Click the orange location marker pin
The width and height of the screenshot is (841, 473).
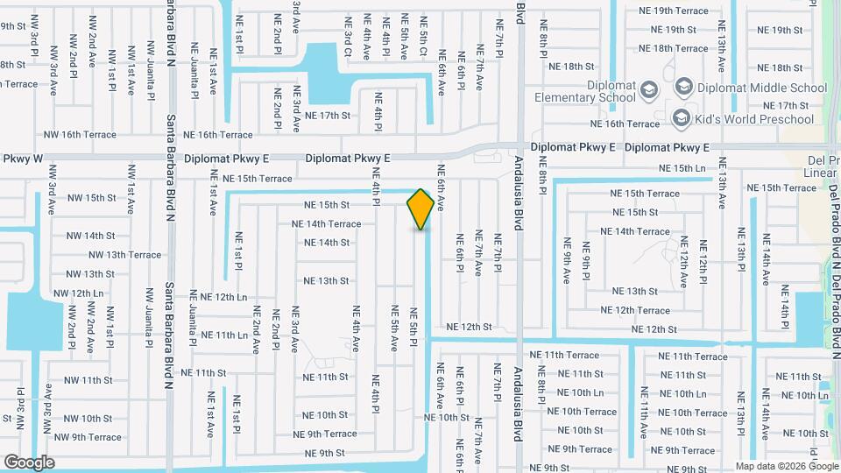tap(420, 209)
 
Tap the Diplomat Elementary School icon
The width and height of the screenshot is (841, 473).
tap(648, 88)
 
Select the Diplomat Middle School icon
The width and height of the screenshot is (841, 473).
tap(682, 88)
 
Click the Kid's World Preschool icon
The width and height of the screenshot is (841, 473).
tap(681, 118)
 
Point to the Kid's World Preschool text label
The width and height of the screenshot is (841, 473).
tap(753, 119)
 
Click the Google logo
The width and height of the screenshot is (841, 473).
tap(29, 462)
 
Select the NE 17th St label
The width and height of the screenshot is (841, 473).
tap(328, 116)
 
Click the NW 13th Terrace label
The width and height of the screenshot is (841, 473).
tap(124, 255)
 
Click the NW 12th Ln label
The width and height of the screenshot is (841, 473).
tap(78, 293)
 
